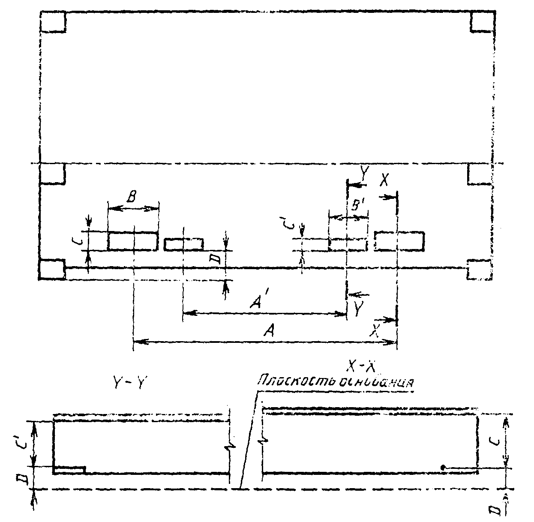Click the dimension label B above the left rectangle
coord(132,198)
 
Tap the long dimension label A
coord(269,330)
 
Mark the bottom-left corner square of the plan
coord(52,270)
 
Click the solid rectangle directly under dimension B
coord(133,241)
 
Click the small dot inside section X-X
coord(443,467)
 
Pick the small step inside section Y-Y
coord(70,470)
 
